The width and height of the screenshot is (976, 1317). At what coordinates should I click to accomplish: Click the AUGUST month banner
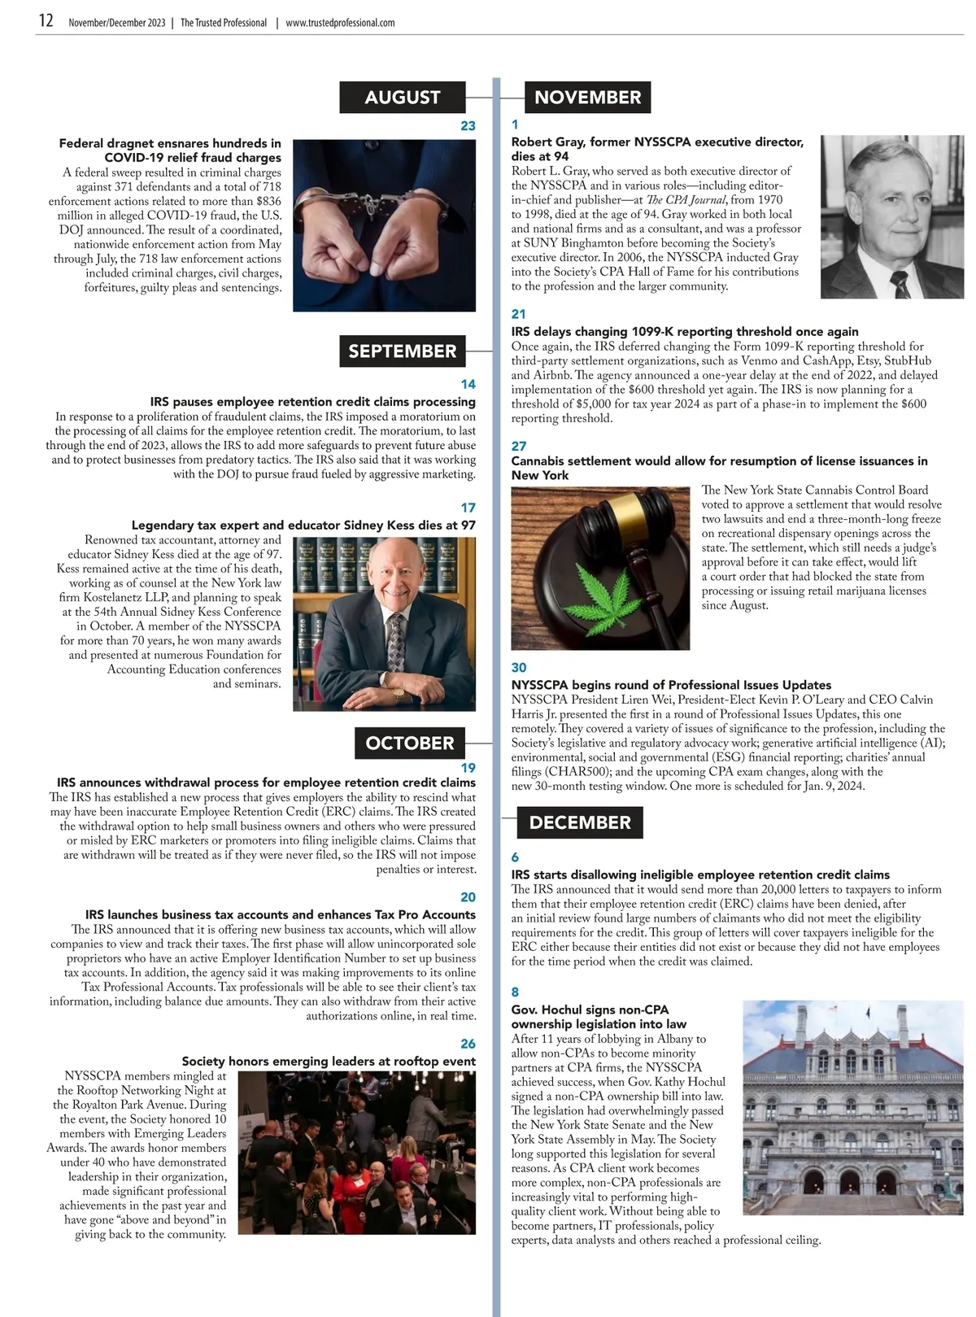click(403, 98)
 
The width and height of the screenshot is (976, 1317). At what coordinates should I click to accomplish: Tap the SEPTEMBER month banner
click(403, 351)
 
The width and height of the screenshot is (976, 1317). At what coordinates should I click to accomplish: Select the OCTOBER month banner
click(410, 743)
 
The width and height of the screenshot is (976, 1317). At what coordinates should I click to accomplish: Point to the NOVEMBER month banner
click(587, 98)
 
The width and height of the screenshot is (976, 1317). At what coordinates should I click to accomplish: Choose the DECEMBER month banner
click(580, 822)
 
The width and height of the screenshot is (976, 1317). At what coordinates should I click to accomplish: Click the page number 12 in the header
click(46, 22)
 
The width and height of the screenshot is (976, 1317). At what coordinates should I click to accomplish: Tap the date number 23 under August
click(468, 126)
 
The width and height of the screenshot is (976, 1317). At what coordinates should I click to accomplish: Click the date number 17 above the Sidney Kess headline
click(468, 508)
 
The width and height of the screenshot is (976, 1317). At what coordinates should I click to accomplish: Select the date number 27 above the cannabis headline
click(519, 446)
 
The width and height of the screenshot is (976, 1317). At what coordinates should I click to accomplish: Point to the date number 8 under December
click(515, 992)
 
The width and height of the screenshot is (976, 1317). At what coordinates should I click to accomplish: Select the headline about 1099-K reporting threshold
click(685, 332)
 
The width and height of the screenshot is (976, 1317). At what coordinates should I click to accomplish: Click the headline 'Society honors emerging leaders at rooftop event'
click(329, 1062)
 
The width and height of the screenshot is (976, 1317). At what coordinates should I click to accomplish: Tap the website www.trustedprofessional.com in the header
click(340, 23)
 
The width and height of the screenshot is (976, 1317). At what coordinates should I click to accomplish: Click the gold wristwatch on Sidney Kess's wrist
click(399, 693)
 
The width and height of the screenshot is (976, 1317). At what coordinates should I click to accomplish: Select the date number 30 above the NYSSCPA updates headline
click(519, 668)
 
